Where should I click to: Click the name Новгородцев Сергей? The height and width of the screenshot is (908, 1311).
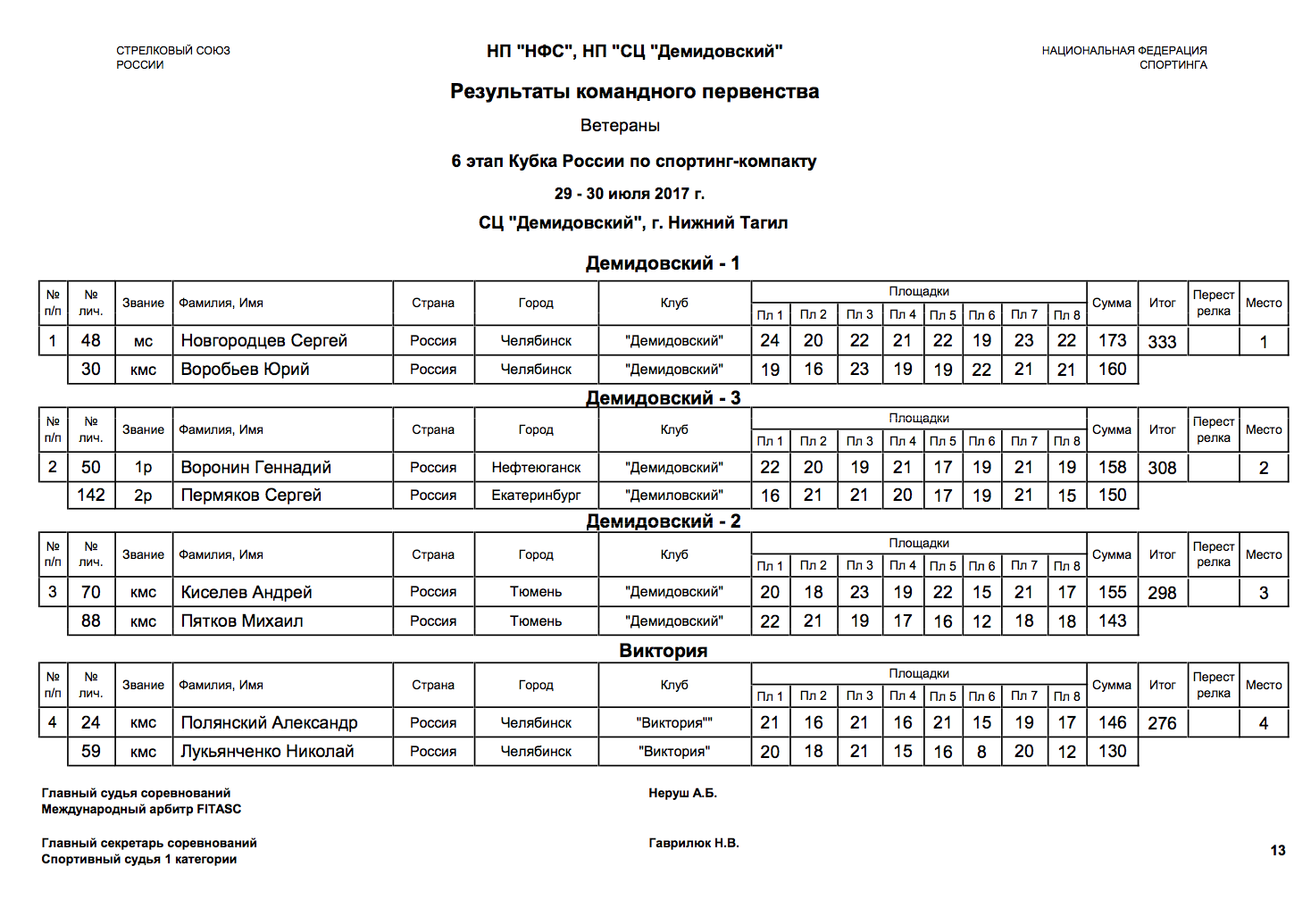click(263, 341)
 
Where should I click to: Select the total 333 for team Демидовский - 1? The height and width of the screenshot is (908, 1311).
click(1162, 342)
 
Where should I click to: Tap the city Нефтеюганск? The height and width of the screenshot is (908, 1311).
click(536, 468)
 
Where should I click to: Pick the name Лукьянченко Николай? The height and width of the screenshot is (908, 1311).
click(267, 752)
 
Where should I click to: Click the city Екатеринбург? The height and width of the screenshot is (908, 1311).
click(536, 496)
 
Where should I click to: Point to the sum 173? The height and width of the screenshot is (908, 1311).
click(1112, 341)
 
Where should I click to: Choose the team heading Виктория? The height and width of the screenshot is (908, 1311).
click(663, 651)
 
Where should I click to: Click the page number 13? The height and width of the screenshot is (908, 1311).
click(1278, 850)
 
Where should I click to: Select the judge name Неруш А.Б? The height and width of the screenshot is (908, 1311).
click(682, 793)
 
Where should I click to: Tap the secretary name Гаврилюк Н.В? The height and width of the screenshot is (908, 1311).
click(693, 843)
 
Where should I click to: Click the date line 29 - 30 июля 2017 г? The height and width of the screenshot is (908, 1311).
click(629, 194)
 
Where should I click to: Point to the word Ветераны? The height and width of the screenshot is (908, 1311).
click(620, 126)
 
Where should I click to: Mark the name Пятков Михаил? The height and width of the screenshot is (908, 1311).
click(242, 621)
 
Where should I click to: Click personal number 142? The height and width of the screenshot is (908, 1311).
click(91, 496)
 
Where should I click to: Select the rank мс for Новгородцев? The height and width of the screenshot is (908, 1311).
click(143, 341)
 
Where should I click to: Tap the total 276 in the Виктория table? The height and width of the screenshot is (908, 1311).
click(1162, 723)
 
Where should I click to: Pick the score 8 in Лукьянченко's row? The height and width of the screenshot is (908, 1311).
click(981, 752)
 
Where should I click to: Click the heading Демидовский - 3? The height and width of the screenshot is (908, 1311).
click(663, 398)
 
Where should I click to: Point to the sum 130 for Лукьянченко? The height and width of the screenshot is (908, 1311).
click(1112, 752)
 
